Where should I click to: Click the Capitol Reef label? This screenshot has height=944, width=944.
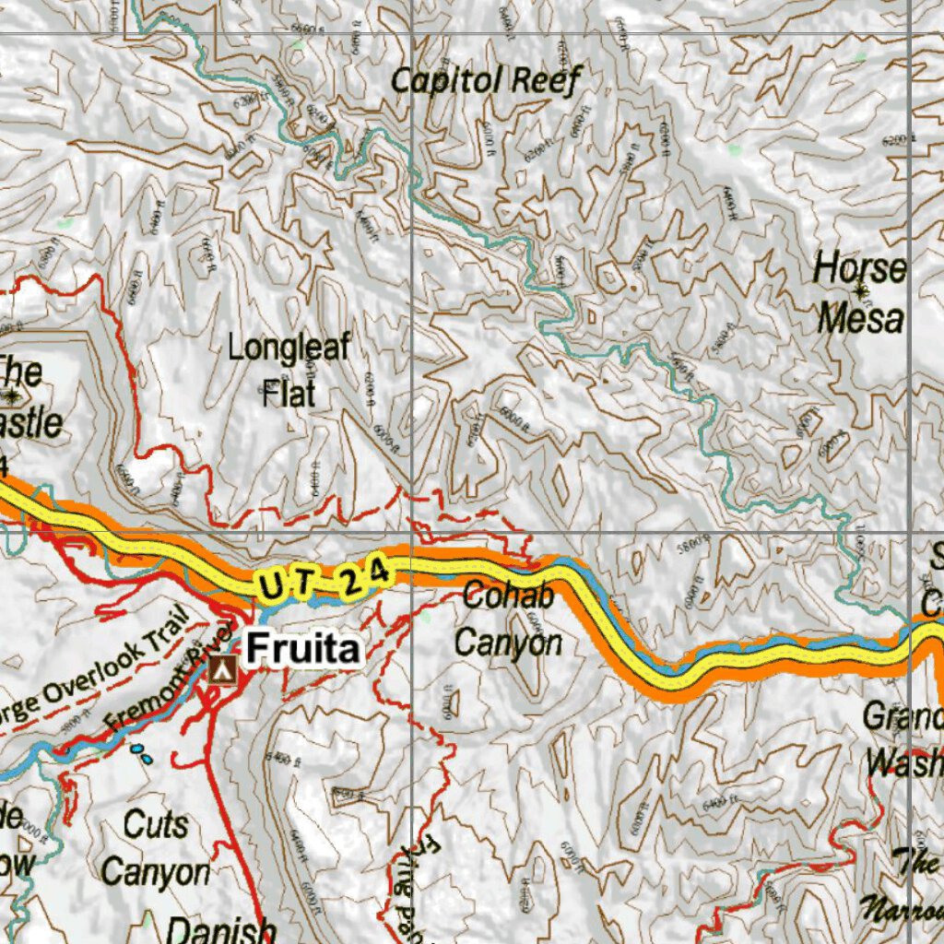click(x=485, y=80)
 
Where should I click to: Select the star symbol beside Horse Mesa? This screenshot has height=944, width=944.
click(x=861, y=292)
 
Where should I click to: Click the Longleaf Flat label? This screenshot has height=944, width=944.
click(x=289, y=371)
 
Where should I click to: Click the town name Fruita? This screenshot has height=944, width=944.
click(x=302, y=650)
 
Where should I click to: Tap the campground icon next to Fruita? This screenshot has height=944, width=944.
click(x=221, y=670)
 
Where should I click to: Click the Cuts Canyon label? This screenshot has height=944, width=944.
click(x=156, y=847)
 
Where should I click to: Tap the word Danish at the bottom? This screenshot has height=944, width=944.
click(x=222, y=929)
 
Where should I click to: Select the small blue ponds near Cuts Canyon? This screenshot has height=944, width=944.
click(x=141, y=753)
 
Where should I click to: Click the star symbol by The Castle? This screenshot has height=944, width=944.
click(x=12, y=396)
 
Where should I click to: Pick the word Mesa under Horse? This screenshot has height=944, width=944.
click(x=860, y=319)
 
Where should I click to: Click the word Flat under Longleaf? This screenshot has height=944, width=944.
click(x=289, y=395)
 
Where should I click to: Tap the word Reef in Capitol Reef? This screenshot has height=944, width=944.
click(x=547, y=80)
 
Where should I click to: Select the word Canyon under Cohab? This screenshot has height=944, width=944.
click(x=508, y=643)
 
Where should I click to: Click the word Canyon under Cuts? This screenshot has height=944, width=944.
click(x=156, y=871)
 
